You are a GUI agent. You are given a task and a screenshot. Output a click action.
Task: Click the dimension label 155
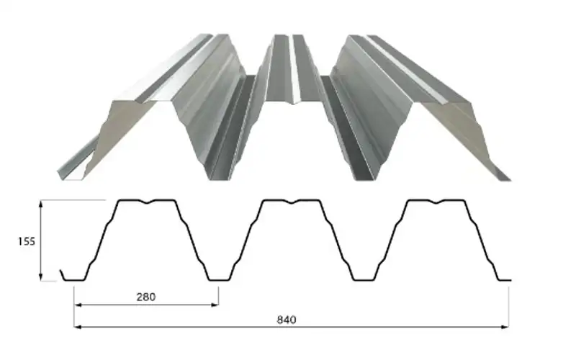[27, 241]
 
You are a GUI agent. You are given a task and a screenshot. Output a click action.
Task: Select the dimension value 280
[146, 297]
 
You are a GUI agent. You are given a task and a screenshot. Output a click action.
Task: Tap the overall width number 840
[286, 320]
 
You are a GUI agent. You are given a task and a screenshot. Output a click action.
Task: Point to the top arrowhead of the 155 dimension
[41, 204]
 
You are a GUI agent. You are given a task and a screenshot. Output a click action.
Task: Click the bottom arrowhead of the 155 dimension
[41, 277]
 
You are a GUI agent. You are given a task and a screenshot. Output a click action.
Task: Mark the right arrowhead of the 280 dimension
[215, 305]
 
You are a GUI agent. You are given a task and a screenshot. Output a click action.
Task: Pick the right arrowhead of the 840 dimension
[505, 327]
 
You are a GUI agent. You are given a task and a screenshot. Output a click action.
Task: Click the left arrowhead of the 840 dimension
[78, 327]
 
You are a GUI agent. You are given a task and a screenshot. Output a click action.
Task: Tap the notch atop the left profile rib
[148, 202]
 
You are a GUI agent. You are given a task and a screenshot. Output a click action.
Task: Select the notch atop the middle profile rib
[292, 202]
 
